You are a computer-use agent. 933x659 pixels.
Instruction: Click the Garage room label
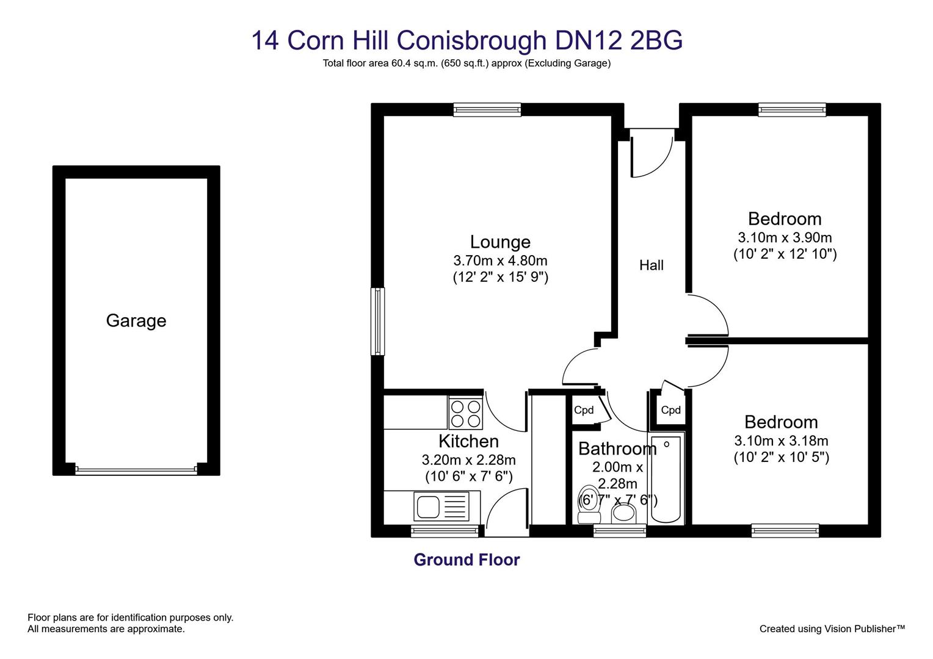point(136,321)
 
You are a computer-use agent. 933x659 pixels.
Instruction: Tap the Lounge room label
point(500,242)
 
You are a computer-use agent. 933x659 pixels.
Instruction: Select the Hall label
point(652,265)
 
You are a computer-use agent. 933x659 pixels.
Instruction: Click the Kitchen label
point(468,441)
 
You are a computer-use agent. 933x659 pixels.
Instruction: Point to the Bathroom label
point(617,449)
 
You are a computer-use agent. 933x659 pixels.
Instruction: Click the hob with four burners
point(466,413)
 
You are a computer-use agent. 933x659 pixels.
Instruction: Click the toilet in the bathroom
point(589,503)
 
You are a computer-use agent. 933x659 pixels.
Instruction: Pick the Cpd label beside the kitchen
point(584,410)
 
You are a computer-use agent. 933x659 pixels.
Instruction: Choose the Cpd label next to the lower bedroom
point(670,410)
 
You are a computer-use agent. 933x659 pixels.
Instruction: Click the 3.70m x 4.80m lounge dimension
point(500,261)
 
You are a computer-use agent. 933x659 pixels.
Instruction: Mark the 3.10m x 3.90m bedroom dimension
point(785,237)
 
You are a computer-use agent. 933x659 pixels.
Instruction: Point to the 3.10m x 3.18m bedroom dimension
point(781,441)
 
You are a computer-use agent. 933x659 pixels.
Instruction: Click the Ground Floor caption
point(466,560)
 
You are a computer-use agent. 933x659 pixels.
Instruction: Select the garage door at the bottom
point(136,470)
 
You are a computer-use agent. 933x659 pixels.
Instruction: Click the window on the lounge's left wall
point(379,322)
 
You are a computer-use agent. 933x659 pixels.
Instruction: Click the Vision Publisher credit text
point(832,628)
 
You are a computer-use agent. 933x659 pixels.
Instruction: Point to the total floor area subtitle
point(466,63)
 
